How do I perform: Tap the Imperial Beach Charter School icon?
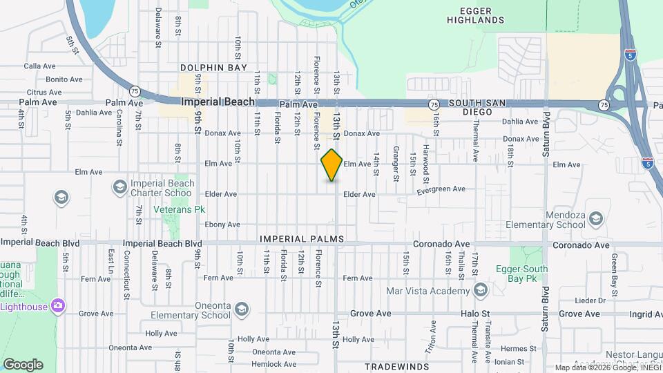click(120, 187)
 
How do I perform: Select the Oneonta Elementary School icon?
click(242, 308)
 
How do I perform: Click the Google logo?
click(23, 365)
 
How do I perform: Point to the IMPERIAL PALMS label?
click(302, 239)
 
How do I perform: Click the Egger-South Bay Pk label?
click(521, 274)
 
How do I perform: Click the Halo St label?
click(474, 314)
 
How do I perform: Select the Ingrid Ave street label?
click(646, 314)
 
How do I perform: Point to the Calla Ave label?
click(39, 66)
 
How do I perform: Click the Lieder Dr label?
click(592, 300)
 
